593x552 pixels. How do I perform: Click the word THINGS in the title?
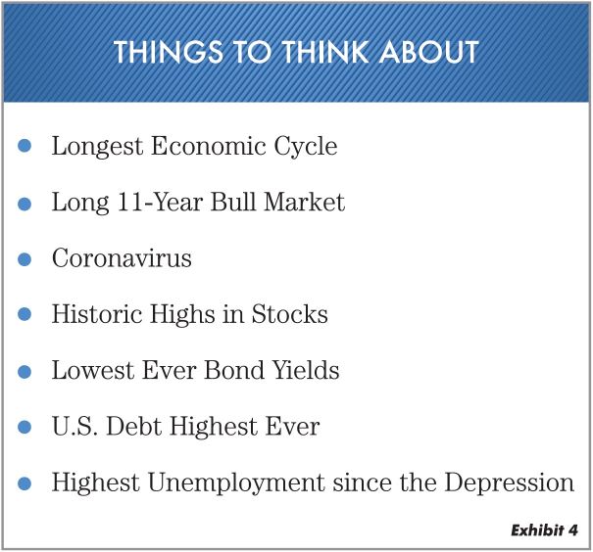pos(169,52)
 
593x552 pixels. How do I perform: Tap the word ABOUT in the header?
pos(429,52)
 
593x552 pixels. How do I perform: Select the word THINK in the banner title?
pos(326,52)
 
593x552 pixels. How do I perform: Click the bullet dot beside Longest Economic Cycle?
pos(25,146)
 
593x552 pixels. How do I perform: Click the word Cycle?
pos(306,147)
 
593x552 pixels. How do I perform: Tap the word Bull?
pos(233,202)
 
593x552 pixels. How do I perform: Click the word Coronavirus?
pos(122,258)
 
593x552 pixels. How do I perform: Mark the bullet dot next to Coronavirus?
pos(25,259)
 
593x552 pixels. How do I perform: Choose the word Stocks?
pos(290,314)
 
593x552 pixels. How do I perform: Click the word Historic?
pos(97,314)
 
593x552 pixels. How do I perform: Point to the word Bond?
pos(234,370)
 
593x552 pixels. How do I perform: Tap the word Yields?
pos(306,370)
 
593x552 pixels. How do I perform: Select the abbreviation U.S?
pos(74,426)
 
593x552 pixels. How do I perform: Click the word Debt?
pos(134,426)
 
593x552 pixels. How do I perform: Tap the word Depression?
pos(510,483)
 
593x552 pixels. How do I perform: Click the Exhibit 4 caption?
pos(544,530)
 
